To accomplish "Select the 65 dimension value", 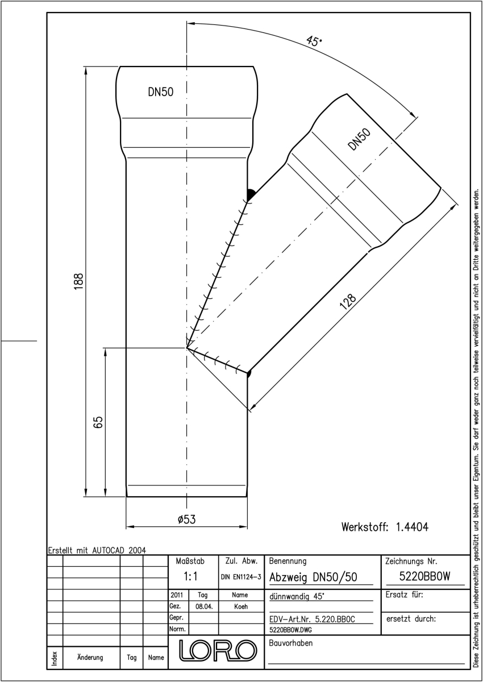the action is (x=98, y=422).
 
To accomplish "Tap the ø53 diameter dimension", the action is (x=186, y=519).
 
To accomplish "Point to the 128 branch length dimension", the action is (x=348, y=302).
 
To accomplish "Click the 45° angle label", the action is (x=314, y=40).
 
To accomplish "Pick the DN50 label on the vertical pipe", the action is (x=160, y=92).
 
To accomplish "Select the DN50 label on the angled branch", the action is (x=359, y=139).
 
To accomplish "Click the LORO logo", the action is (x=218, y=650).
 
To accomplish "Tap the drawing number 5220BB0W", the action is (x=424, y=576).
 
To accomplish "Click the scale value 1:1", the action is (x=190, y=576).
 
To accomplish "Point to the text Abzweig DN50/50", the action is (x=313, y=577).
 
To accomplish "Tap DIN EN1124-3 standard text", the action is (x=241, y=577).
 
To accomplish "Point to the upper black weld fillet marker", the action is (x=251, y=194).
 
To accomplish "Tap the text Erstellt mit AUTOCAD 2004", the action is (x=97, y=550).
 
